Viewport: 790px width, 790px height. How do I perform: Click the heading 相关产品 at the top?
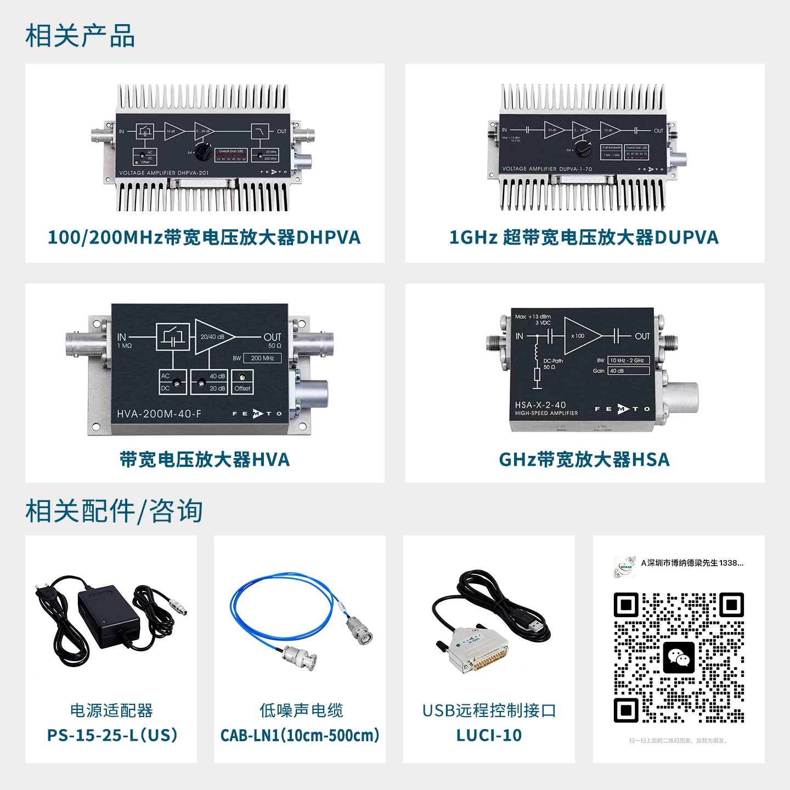pos(80,36)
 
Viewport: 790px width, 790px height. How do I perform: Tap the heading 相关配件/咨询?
pos(114,511)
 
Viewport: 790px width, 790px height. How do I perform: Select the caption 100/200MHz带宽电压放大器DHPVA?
pos(204,238)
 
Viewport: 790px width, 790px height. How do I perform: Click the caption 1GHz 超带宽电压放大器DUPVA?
pos(584,238)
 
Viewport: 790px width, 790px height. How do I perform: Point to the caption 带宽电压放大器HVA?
pos(204,460)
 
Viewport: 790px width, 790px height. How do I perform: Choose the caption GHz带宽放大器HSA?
pos(584,460)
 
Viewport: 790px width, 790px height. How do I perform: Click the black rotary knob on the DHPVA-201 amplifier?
pos(203,151)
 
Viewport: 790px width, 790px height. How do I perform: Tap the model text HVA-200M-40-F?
pos(159,414)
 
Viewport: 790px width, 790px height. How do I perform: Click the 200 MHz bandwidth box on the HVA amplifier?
pos(262,358)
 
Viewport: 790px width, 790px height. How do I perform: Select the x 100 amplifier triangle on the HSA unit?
pos(580,336)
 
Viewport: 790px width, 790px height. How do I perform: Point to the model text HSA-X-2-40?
pos(540,405)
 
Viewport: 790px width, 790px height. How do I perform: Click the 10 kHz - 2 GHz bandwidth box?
pos(628,360)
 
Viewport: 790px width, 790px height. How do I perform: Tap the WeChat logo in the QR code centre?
pos(679,657)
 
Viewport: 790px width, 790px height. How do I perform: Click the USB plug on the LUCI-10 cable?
pos(535,625)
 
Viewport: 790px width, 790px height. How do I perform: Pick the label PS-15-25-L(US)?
pos(112,735)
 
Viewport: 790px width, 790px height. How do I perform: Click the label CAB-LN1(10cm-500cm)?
pos(300,735)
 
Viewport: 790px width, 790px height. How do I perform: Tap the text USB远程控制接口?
pos(489,711)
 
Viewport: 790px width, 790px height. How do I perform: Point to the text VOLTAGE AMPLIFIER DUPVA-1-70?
pos(547,169)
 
